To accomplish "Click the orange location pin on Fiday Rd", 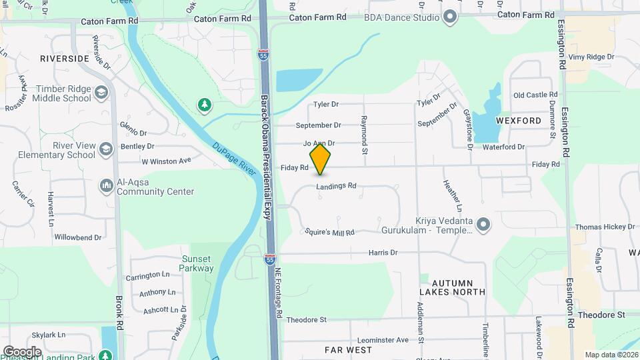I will (320, 159).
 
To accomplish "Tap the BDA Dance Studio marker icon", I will (450, 17).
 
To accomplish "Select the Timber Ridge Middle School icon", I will (101, 93).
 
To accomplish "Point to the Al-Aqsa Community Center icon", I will (106, 185).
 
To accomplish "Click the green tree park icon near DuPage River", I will (204, 105).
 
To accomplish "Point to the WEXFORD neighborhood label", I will (519, 121).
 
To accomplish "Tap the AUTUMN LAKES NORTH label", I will (452, 287).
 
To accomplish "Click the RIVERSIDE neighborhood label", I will (65, 59).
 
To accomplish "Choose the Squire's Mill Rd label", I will (329, 232).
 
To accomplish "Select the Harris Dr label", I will (383, 253).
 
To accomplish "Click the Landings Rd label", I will (337, 186).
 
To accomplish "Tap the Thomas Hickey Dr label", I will (605, 227).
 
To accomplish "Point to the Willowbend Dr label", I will (78, 237).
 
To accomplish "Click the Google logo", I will (22, 351).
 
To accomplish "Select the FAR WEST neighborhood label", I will (348, 349).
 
